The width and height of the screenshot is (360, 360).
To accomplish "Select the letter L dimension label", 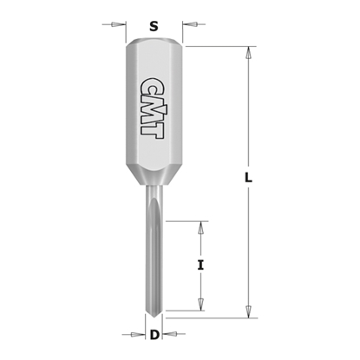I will coord(248,178).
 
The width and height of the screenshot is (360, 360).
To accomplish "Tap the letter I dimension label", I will coord(201,265).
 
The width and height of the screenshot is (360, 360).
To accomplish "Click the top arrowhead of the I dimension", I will coord(201,227).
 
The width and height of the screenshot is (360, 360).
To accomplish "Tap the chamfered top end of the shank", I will coord(154,43).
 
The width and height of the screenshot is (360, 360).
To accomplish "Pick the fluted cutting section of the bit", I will coord(154,260).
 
